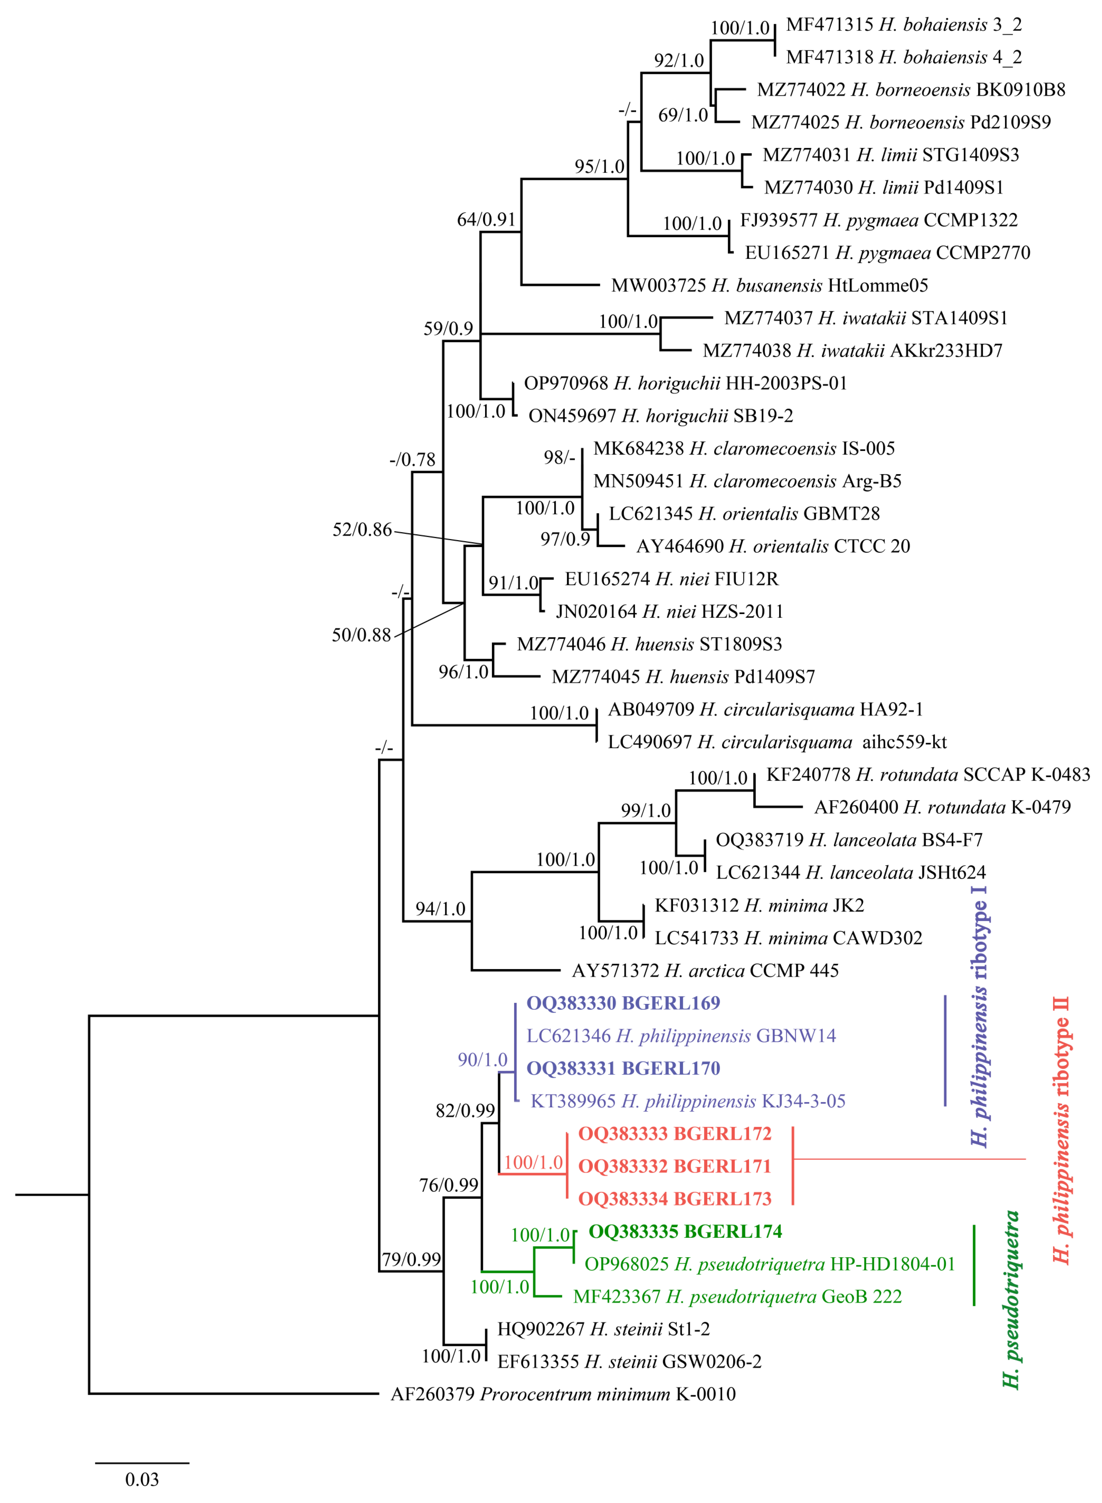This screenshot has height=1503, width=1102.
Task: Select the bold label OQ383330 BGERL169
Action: (x=623, y=1003)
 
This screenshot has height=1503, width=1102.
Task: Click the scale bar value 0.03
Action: (x=142, y=1480)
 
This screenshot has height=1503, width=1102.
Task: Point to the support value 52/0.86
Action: (x=362, y=530)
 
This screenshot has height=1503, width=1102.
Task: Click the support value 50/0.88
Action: (x=362, y=635)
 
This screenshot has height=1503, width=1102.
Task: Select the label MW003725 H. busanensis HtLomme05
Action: (x=769, y=285)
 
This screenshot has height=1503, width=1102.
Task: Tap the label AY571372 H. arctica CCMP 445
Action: (x=705, y=970)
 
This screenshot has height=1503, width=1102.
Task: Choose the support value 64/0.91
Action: (x=486, y=219)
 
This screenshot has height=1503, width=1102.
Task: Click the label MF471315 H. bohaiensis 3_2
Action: (x=904, y=25)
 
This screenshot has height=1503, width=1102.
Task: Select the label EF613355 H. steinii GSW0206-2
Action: (x=629, y=1361)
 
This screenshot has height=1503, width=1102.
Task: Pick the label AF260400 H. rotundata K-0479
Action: (x=942, y=807)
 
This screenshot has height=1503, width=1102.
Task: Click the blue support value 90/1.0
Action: (x=482, y=1060)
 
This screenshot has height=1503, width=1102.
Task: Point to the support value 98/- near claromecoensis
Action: (x=559, y=457)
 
